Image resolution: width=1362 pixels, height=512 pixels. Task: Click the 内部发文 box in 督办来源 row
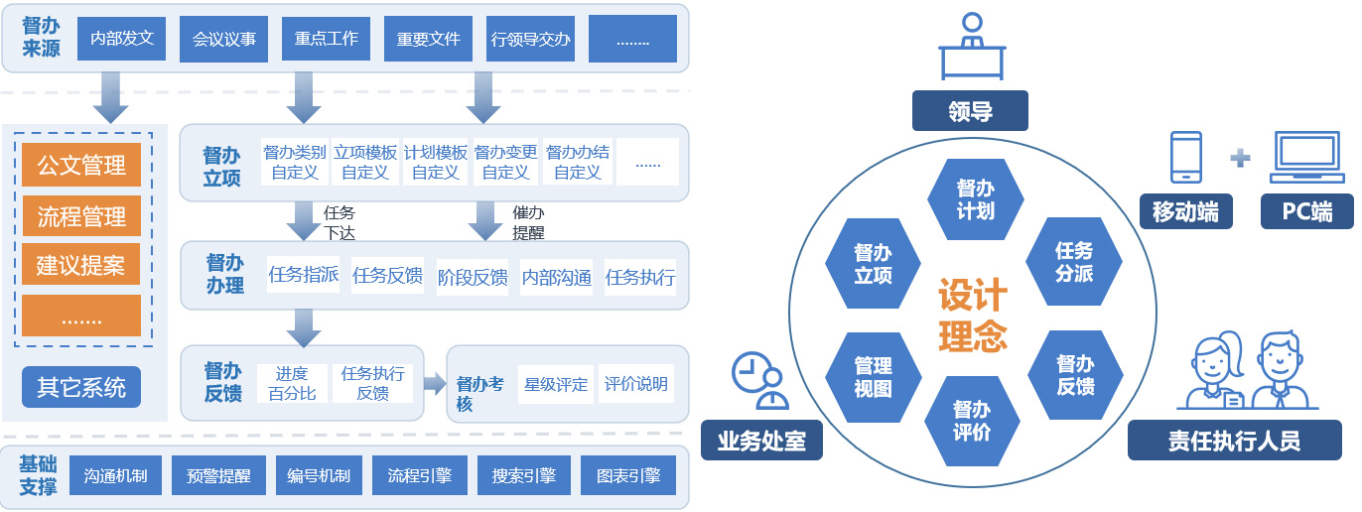pos(121,39)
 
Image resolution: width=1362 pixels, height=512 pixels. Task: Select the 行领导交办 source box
pos(530,39)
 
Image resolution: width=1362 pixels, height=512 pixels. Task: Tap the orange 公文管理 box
pos(81,165)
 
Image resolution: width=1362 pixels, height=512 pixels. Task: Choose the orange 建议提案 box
pos(81,266)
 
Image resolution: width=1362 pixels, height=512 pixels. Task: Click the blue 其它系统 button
pos(81,387)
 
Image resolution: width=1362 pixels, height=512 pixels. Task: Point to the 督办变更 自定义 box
pos(505,162)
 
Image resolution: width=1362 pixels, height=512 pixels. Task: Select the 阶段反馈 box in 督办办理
pos(473,277)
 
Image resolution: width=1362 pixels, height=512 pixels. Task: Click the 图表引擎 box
pos(628,476)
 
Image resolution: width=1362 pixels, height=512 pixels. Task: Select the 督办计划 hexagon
pos(975,199)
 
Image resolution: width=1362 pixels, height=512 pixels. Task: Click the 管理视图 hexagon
pos(873,377)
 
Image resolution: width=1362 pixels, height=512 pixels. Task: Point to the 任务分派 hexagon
pos(1074,261)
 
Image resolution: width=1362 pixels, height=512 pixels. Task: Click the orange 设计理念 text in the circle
pos(973,316)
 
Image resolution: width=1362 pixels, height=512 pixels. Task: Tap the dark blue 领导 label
pos(970,111)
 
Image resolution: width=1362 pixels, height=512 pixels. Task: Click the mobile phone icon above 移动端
pos(1186,157)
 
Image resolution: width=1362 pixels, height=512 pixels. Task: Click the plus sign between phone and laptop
pos(1240,157)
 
